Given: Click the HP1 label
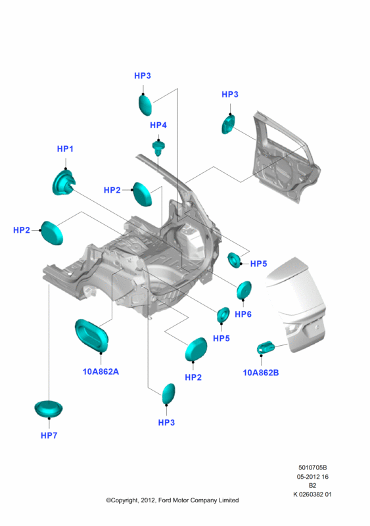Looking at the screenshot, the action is (x=65, y=149).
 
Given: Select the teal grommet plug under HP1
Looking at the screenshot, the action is (x=64, y=183).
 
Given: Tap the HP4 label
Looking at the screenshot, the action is (x=158, y=125).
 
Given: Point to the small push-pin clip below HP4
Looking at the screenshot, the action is (x=158, y=149).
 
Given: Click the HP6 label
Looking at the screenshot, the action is (x=243, y=314).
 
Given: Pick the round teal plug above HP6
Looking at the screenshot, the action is (x=244, y=291).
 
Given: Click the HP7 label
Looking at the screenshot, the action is (x=49, y=435).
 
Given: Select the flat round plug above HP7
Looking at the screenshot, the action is (x=49, y=409).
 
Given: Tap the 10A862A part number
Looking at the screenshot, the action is (x=101, y=371).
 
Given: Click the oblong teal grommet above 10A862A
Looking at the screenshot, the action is (x=91, y=336).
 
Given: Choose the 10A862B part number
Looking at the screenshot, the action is (x=261, y=373).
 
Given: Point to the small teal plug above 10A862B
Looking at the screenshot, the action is (x=266, y=348).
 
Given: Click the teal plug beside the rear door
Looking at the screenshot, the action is (x=228, y=124).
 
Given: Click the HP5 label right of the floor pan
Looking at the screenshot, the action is (x=259, y=264).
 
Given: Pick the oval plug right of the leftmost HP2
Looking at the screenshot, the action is (x=52, y=233).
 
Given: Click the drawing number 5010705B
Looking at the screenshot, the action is (x=313, y=467).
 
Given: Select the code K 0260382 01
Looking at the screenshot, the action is (x=312, y=494).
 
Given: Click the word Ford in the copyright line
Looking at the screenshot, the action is (x=165, y=500).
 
